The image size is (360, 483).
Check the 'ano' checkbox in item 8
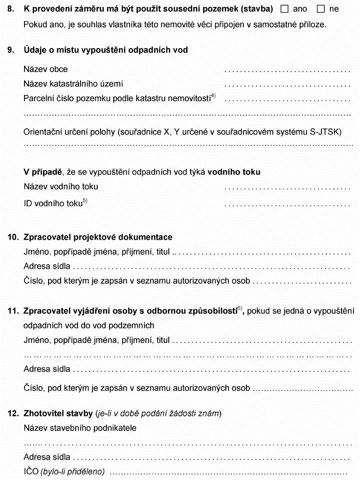tap(285, 9)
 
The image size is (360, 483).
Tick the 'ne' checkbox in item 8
tap(321, 9)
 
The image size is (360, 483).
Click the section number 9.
tap(11, 50)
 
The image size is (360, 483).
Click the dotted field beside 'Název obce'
tap(287, 70)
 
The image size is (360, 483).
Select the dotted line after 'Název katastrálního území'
tap(287, 85)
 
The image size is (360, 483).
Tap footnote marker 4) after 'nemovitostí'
tap(213, 96)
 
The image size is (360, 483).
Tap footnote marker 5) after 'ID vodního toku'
tap(85, 201)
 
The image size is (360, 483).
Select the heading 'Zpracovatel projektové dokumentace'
tap(98, 237)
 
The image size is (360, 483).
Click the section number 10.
tap(13, 237)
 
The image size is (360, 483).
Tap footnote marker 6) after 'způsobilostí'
tap(240, 308)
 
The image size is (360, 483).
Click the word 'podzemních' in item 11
tap(135, 325)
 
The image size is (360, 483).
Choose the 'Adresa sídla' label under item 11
tap(47, 369)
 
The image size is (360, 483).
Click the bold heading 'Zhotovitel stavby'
tap(58, 413)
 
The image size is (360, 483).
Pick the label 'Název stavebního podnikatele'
tap(80, 428)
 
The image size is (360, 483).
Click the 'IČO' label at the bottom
tap(31, 471)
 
